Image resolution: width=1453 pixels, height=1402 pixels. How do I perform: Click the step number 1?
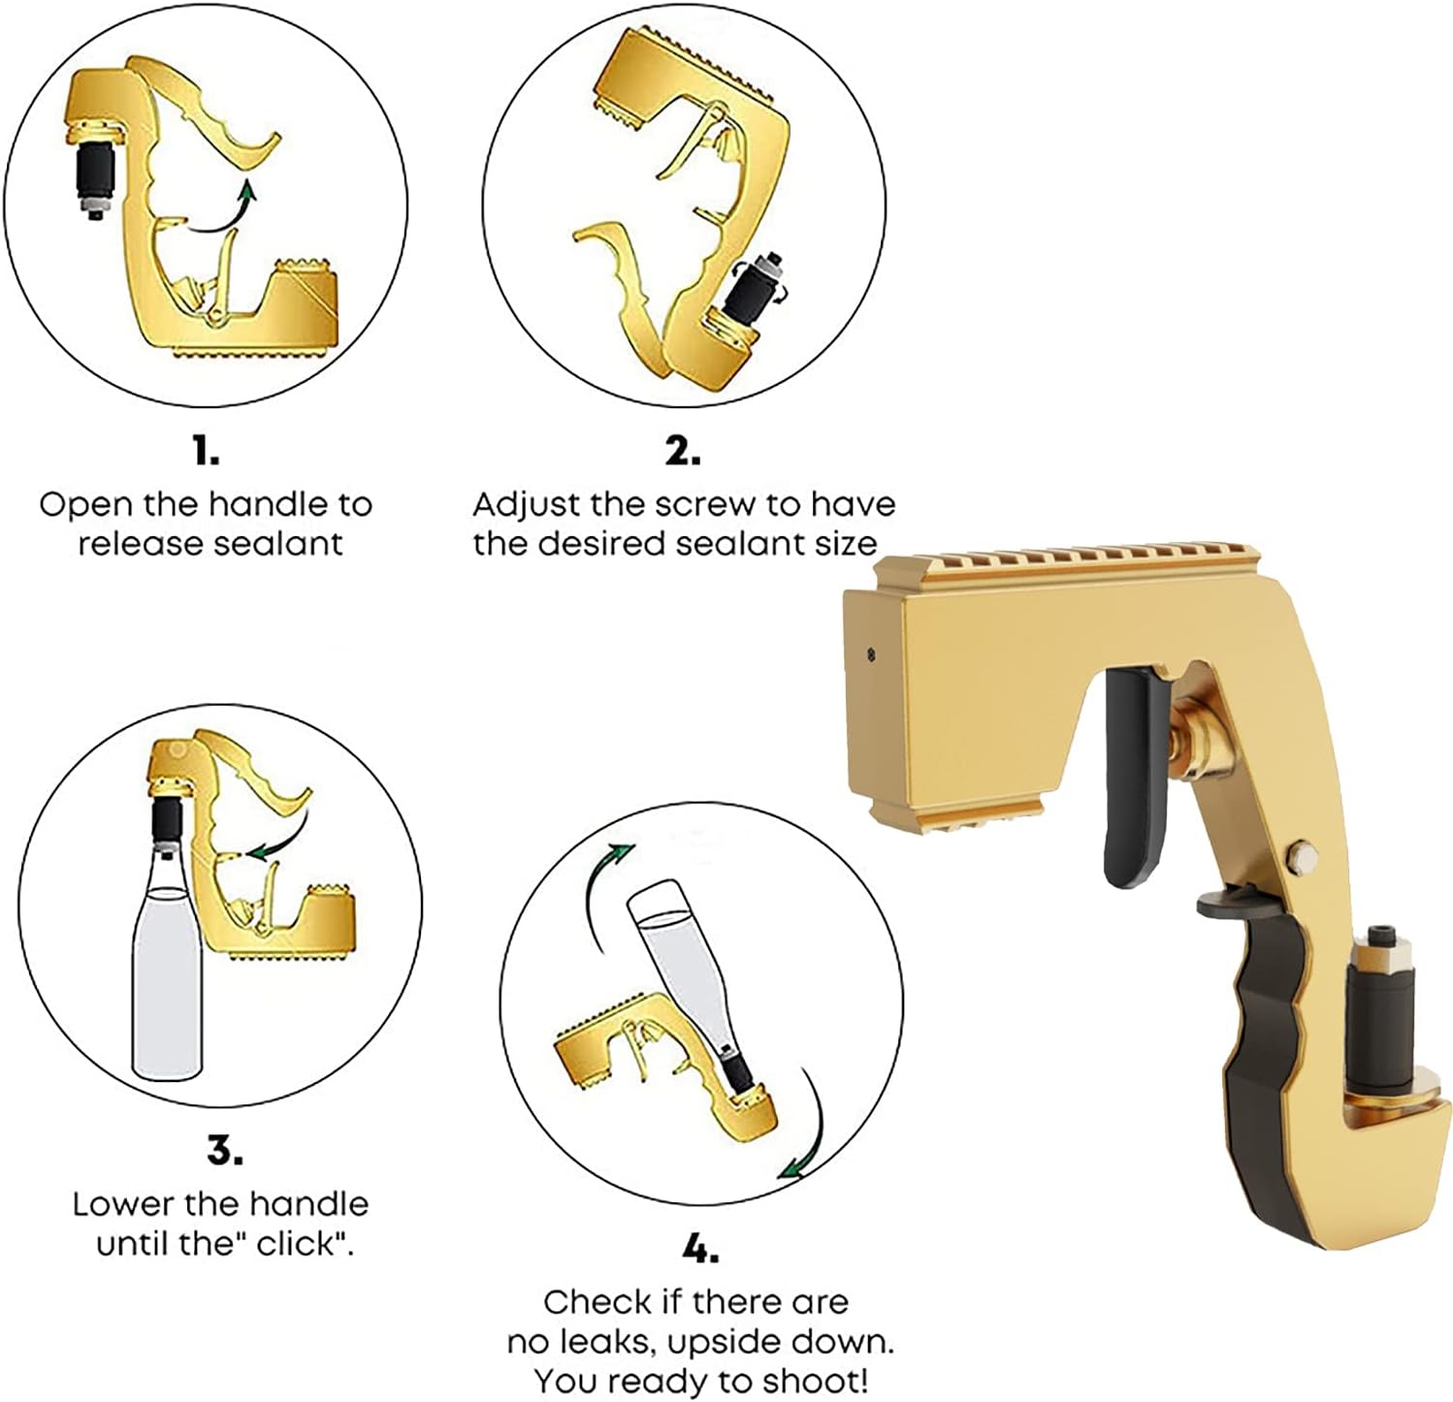(x=206, y=451)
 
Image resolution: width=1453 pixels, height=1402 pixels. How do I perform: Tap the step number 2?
(x=683, y=451)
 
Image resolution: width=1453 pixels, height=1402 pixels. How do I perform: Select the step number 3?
(x=224, y=1151)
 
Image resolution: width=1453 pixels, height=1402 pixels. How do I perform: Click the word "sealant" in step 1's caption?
(x=277, y=543)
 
